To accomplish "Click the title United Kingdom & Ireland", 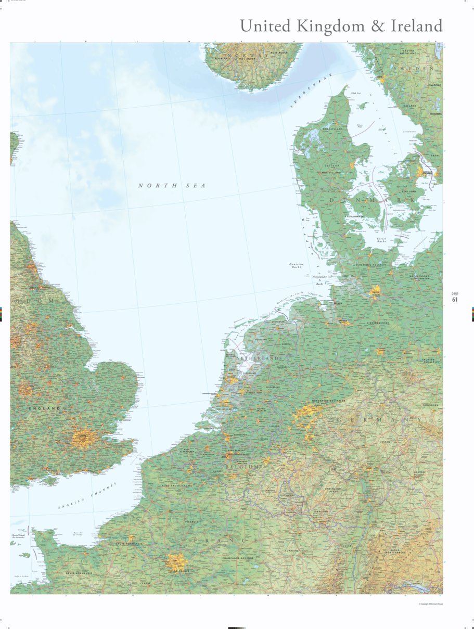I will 341,25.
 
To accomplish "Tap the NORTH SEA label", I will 172,186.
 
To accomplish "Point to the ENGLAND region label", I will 45,408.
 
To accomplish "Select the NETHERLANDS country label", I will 259,358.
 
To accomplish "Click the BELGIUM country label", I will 242,467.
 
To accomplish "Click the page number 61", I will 455,300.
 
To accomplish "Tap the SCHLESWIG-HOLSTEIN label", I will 370,265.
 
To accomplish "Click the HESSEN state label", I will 385,442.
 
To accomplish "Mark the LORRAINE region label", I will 292,550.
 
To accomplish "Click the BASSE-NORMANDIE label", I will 79,573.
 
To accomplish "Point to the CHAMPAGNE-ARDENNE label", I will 237,558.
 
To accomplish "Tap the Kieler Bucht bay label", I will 381,240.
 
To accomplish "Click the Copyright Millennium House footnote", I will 430,604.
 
